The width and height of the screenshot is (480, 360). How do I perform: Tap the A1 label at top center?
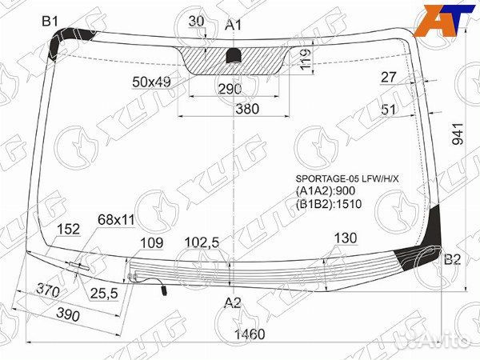pyautogui.click(x=234, y=25)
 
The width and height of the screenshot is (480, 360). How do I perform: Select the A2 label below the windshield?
pyautogui.click(x=233, y=303)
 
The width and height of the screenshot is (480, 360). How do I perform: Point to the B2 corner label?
pyautogui.click(x=453, y=259)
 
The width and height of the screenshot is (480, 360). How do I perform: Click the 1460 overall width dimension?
pyautogui.click(x=250, y=334)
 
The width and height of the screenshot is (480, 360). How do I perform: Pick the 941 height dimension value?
pyautogui.click(x=458, y=134)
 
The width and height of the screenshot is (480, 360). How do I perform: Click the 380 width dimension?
pyautogui.click(x=247, y=109)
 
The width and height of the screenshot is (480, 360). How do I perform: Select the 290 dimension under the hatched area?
pyautogui.click(x=230, y=89)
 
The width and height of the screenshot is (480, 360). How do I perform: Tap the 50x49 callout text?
pyautogui.click(x=151, y=82)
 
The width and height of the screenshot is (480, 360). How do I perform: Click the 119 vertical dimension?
pyautogui.click(x=305, y=59)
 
